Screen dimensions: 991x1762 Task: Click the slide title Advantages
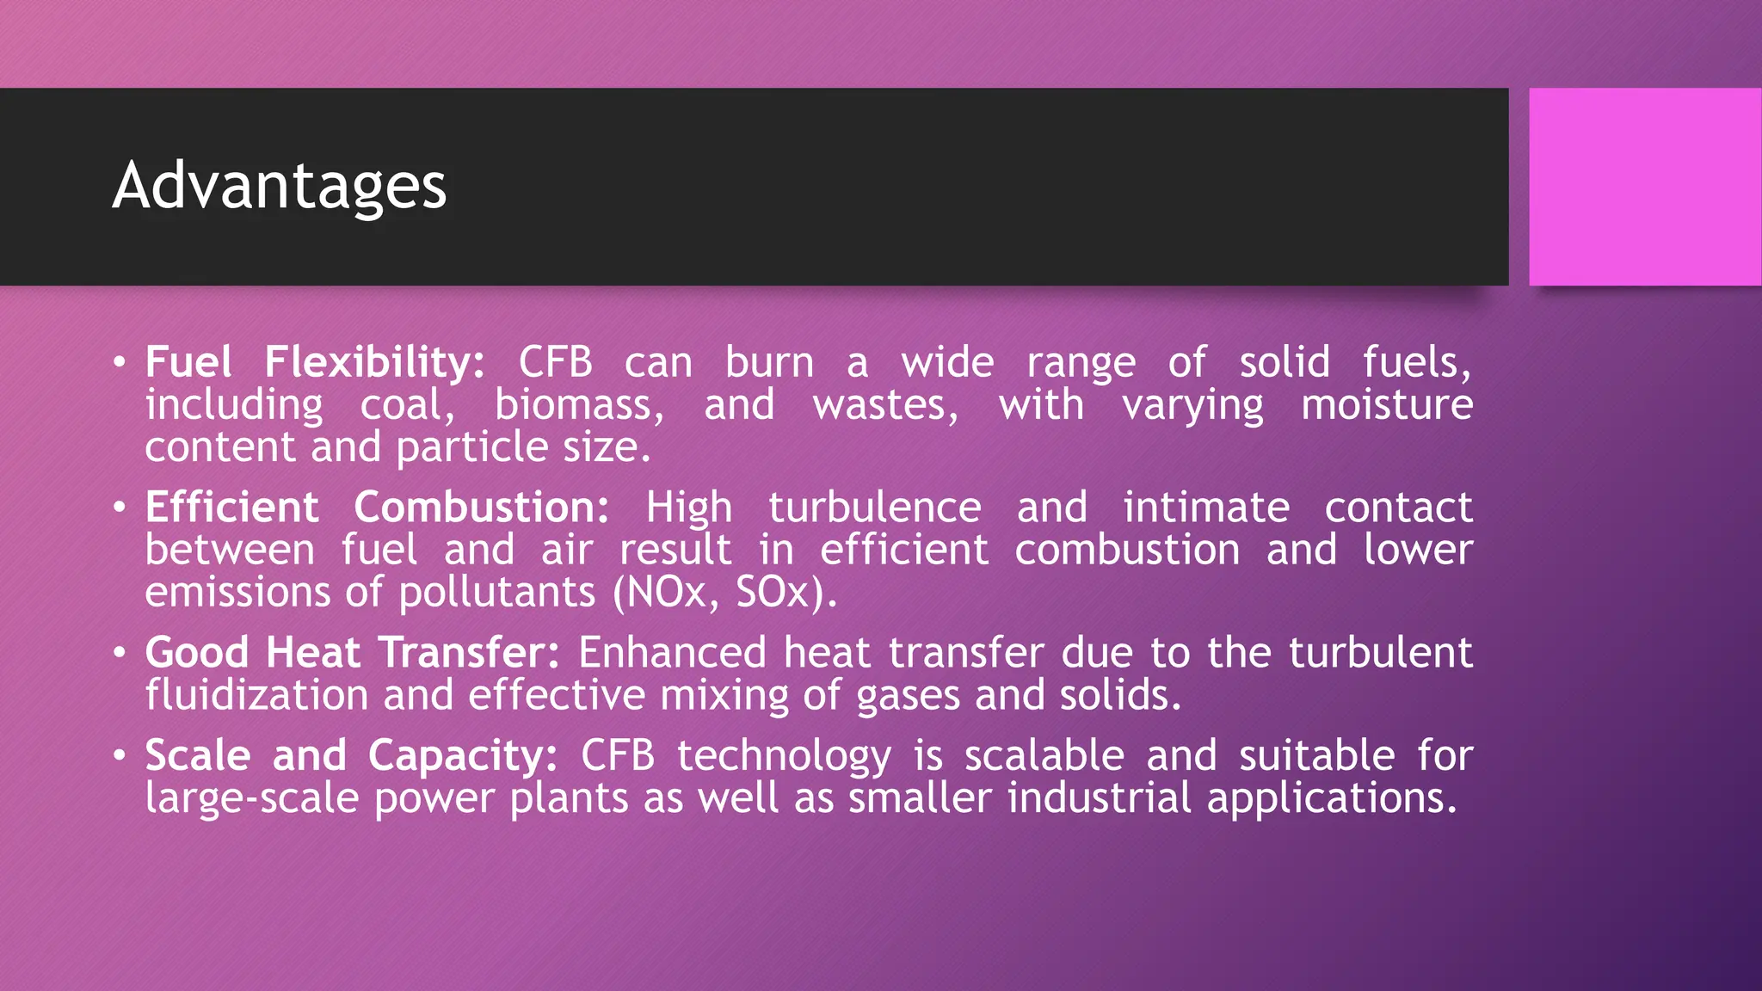tap(280, 186)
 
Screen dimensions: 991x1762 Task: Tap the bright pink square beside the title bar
tap(1644, 187)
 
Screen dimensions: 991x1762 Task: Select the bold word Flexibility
tap(374, 362)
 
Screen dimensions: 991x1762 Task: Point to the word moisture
tap(1386, 405)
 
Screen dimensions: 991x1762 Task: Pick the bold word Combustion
tap(481, 508)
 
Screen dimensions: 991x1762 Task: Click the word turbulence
tap(874, 508)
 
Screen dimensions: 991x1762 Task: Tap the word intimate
tap(1205, 508)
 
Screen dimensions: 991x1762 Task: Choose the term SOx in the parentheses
tap(773, 593)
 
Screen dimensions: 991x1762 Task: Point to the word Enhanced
tap(672, 653)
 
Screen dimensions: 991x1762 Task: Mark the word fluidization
tap(256, 695)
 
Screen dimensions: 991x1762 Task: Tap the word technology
tap(784, 756)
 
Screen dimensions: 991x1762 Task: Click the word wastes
tap(885, 405)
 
